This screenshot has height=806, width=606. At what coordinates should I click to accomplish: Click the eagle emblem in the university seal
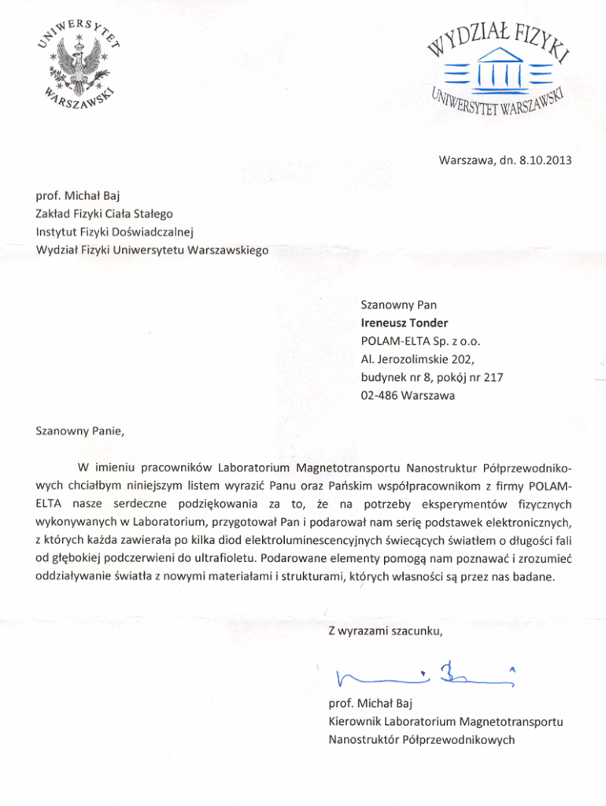(x=79, y=68)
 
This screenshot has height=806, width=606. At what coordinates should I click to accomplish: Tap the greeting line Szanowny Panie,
(x=80, y=431)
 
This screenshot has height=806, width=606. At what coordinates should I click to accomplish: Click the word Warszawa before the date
(x=467, y=161)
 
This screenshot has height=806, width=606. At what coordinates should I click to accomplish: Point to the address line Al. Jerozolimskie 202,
(x=416, y=359)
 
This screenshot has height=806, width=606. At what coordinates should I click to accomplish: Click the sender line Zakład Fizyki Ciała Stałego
(x=105, y=213)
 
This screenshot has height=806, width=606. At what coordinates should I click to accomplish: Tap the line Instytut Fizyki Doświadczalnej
(x=115, y=232)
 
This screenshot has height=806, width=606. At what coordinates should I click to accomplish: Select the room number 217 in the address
(x=493, y=377)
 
